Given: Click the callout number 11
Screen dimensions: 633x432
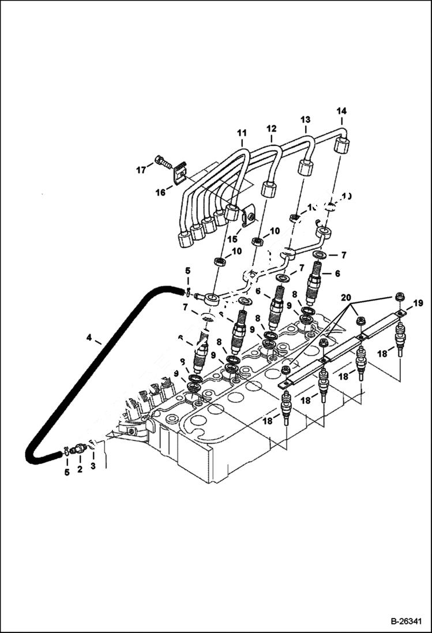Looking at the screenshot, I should (x=241, y=134).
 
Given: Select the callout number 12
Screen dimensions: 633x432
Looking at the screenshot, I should (x=271, y=128).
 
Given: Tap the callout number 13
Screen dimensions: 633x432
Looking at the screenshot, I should (x=305, y=119).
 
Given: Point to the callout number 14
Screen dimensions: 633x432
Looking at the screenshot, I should (x=341, y=110).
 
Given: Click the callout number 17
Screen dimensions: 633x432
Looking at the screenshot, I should (x=141, y=170).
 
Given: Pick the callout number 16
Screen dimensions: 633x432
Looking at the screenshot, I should (x=161, y=192).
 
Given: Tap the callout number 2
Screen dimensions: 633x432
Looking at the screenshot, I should (x=80, y=470).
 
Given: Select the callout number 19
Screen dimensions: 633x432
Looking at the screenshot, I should (x=418, y=302).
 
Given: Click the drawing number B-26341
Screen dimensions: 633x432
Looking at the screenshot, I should (x=401, y=621).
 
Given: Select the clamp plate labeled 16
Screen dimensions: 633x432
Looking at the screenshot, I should (x=181, y=170).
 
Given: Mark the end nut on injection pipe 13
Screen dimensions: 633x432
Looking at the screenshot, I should (x=305, y=168).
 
